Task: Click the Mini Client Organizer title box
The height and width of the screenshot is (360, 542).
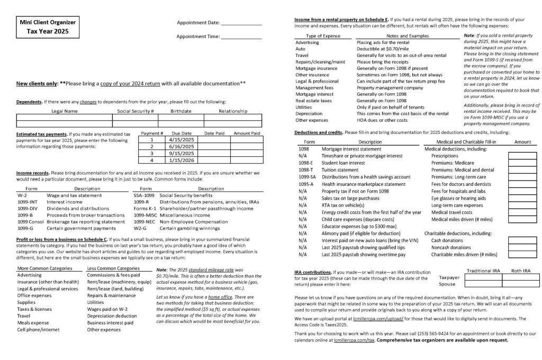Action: coord(48,27)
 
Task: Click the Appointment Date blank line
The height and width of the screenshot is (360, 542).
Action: coord(241,24)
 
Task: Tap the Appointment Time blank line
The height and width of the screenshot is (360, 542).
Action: coord(241,38)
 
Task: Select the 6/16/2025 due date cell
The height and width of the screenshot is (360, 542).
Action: coord(182,147)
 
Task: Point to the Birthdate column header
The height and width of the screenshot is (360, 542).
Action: coord(181,111)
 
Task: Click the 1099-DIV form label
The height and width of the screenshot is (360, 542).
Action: coord(28,209)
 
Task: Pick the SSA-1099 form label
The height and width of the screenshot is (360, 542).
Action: coord(144,195)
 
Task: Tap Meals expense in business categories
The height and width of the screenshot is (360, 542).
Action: coord(33,322)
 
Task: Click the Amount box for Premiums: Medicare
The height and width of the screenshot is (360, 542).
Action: coord(522,163)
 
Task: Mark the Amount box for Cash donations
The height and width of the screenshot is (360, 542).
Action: coord(522,240)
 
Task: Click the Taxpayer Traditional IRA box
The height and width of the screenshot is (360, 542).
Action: coord(483,277)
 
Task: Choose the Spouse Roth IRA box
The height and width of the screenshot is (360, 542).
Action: coord(521,284)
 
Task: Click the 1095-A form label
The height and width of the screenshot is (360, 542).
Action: coord(307,184)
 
